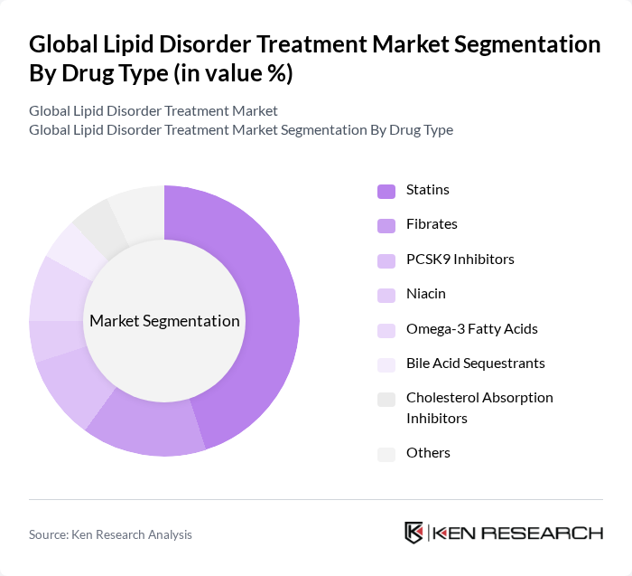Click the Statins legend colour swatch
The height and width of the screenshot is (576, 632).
click(x=386, y=190)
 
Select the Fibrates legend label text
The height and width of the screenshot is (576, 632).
click(x=432, y=224)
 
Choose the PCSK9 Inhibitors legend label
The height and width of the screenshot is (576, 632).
click(x=460, y=260)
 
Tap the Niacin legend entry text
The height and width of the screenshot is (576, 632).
click(x=425, y=294)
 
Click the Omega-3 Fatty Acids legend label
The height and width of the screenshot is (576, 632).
click(x=471, y=329)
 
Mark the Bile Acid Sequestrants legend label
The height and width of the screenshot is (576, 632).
click(x=475, y=364)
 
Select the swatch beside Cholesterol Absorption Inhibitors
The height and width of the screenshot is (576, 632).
click(x=386, y=399)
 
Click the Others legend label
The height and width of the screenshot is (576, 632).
click(x=428, y=453)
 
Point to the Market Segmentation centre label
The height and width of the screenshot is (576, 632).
click(x=164, y=321)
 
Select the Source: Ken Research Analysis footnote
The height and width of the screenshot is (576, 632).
click(x=110, y=534)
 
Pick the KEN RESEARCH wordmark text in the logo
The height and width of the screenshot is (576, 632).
click(x=518, y=533)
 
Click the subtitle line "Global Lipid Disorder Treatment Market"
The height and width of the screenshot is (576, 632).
click(x=153, y=111)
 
